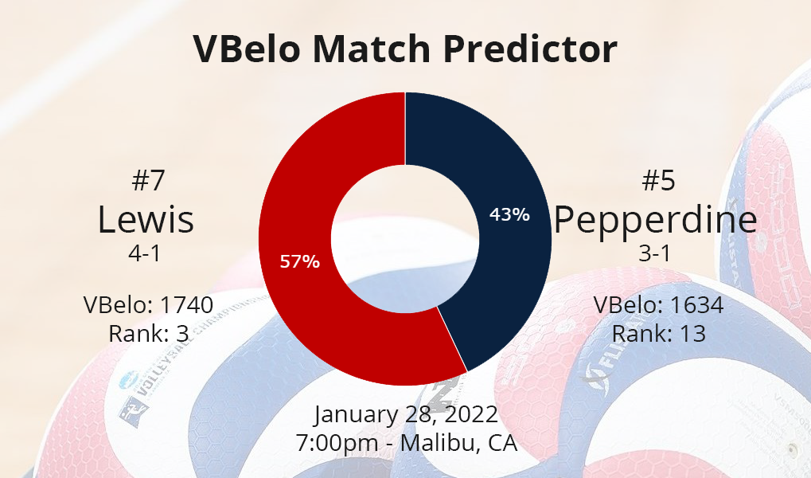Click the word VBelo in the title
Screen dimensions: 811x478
click(247, 49)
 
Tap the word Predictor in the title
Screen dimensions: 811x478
click(530, 49)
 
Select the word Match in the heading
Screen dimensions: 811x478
click(372, 49)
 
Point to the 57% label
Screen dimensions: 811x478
click(300, 261)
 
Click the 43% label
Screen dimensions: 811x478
click(509, 214)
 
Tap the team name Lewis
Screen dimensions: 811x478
click(146, 220)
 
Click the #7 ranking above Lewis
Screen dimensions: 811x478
click(148, 180)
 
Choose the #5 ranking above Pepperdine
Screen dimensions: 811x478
click(658, 180)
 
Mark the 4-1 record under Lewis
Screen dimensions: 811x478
click(144, 253)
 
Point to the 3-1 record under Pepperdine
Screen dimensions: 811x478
click(655, 253)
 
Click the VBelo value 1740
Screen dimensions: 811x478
click(186, 305)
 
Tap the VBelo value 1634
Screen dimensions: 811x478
click(696, 305)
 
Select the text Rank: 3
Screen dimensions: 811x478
click(149, 334)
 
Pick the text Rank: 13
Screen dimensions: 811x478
click(659, 334)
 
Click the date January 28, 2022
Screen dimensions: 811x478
click(406, 415)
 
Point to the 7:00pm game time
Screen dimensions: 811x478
click(337, 443)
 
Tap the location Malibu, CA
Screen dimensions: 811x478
click(458, 443)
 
